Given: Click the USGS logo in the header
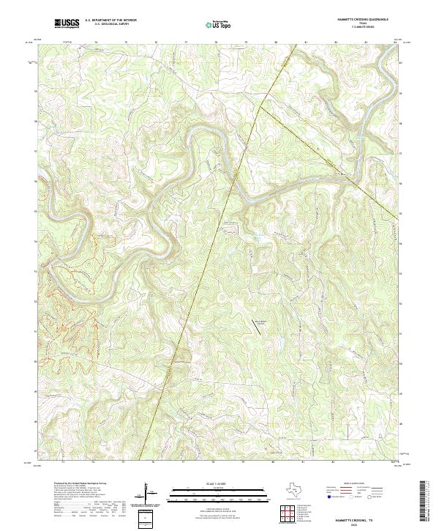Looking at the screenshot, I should coord(67,23).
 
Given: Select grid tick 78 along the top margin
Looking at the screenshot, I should coord(216,43).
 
